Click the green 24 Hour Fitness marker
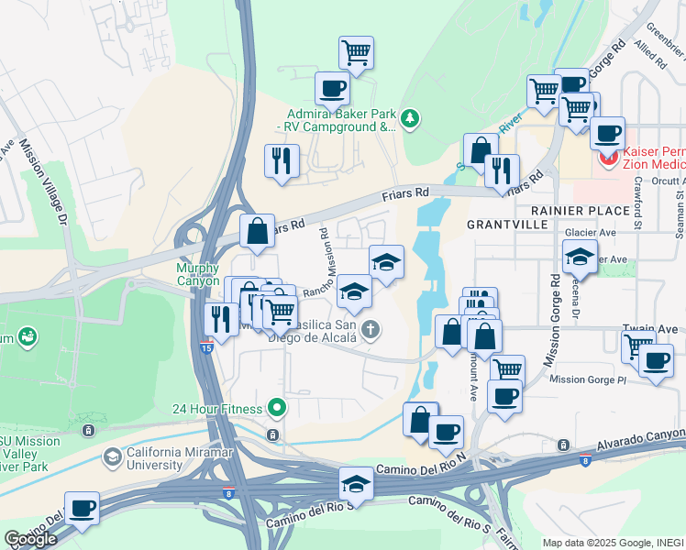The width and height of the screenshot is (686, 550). pyautogui.click(x=273, y=409)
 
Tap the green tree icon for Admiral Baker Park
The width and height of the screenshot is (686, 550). pyautogui.click(x=410, y=118)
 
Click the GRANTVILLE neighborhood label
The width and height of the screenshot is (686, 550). pyautogui.click(x=507, y=223)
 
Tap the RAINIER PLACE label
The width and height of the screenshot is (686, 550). pyautogui.click(x=592, y=210)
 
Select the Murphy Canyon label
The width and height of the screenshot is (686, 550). pyautogui.click(x=198, y=274)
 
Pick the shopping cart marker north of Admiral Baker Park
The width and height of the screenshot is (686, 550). pyautogui.click(x=356, y=52)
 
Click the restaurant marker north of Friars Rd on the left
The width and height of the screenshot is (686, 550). pyautogui.click(x=282, y=160)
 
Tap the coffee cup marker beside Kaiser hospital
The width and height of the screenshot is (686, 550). pyautogui.click(x=606, y=133)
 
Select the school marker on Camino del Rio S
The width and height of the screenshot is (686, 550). pyautogui.click(x=356, y=484)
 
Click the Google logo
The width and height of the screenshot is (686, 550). pyautogui.click(x=30, y=539)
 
